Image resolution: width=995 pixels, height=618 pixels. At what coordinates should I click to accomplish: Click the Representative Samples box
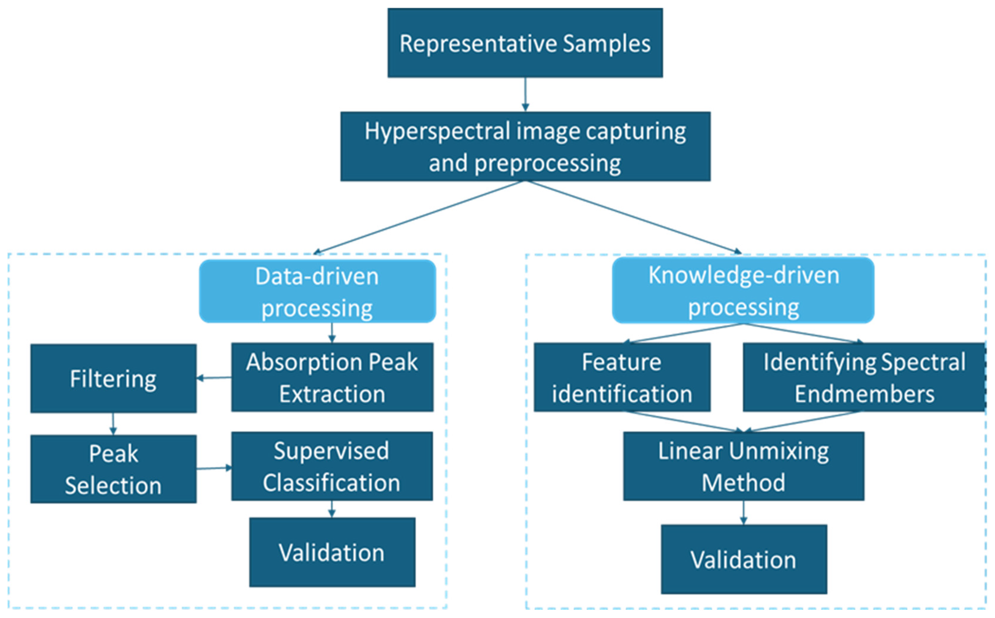pyautogui.click(x=525, y=43)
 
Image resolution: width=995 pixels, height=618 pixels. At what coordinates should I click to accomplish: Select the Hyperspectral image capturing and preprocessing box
pyautogui.click(x=525, y=146)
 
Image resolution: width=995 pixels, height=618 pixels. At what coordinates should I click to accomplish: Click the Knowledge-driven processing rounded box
pyautogui.click(x=743, y=291)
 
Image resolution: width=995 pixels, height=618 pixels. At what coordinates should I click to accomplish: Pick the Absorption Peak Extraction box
pyautogui.click(x=332, y=377)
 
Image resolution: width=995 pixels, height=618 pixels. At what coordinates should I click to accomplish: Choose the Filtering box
pyautogui.click(x=113, y=379)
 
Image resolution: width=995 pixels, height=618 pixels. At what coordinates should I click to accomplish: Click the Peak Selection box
pyautogui.click(x=113, y=469)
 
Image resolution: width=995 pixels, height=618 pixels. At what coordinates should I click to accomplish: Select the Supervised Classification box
pyautogui.click(x=332, y=466)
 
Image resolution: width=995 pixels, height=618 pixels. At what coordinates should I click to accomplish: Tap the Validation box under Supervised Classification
pyautogui.click(x=332, y=553)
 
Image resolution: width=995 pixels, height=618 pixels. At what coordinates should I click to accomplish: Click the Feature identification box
pyautogui.click(x=622, y=377)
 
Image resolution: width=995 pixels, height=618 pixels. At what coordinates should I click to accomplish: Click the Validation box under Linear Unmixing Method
pyautogui.click(x=744, y=560)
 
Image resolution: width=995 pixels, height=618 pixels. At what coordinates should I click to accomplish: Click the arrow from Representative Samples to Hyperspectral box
pyautogui.click(x=525, y=95)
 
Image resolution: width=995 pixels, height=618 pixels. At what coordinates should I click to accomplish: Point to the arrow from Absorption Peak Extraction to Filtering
pyautogui.click(x=214, y=378)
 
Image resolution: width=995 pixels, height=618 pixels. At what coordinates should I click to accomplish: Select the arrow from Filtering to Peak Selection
pyautogui.click(x=113, y=424)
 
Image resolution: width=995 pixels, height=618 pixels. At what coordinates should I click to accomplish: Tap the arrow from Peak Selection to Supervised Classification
pyautogui.click(x=214, y=468)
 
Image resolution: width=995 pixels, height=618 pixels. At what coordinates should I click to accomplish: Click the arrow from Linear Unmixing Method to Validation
pyautogui.click(x=744, y=513)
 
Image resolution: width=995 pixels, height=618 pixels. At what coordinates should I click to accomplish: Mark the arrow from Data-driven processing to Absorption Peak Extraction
pyautogui.click(x=332, y=333)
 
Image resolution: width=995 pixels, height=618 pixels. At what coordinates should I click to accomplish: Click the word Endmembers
pyautogui.click(x=864, y=394)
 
